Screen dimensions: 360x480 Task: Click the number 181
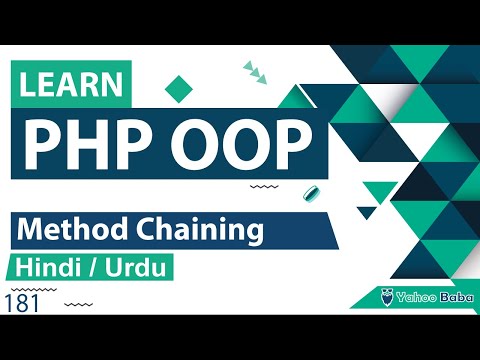[21, 304]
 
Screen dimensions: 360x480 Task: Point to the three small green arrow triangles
[254, 70]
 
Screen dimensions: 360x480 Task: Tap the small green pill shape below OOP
[311, 191]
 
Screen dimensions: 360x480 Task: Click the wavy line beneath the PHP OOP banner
[263, 186]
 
